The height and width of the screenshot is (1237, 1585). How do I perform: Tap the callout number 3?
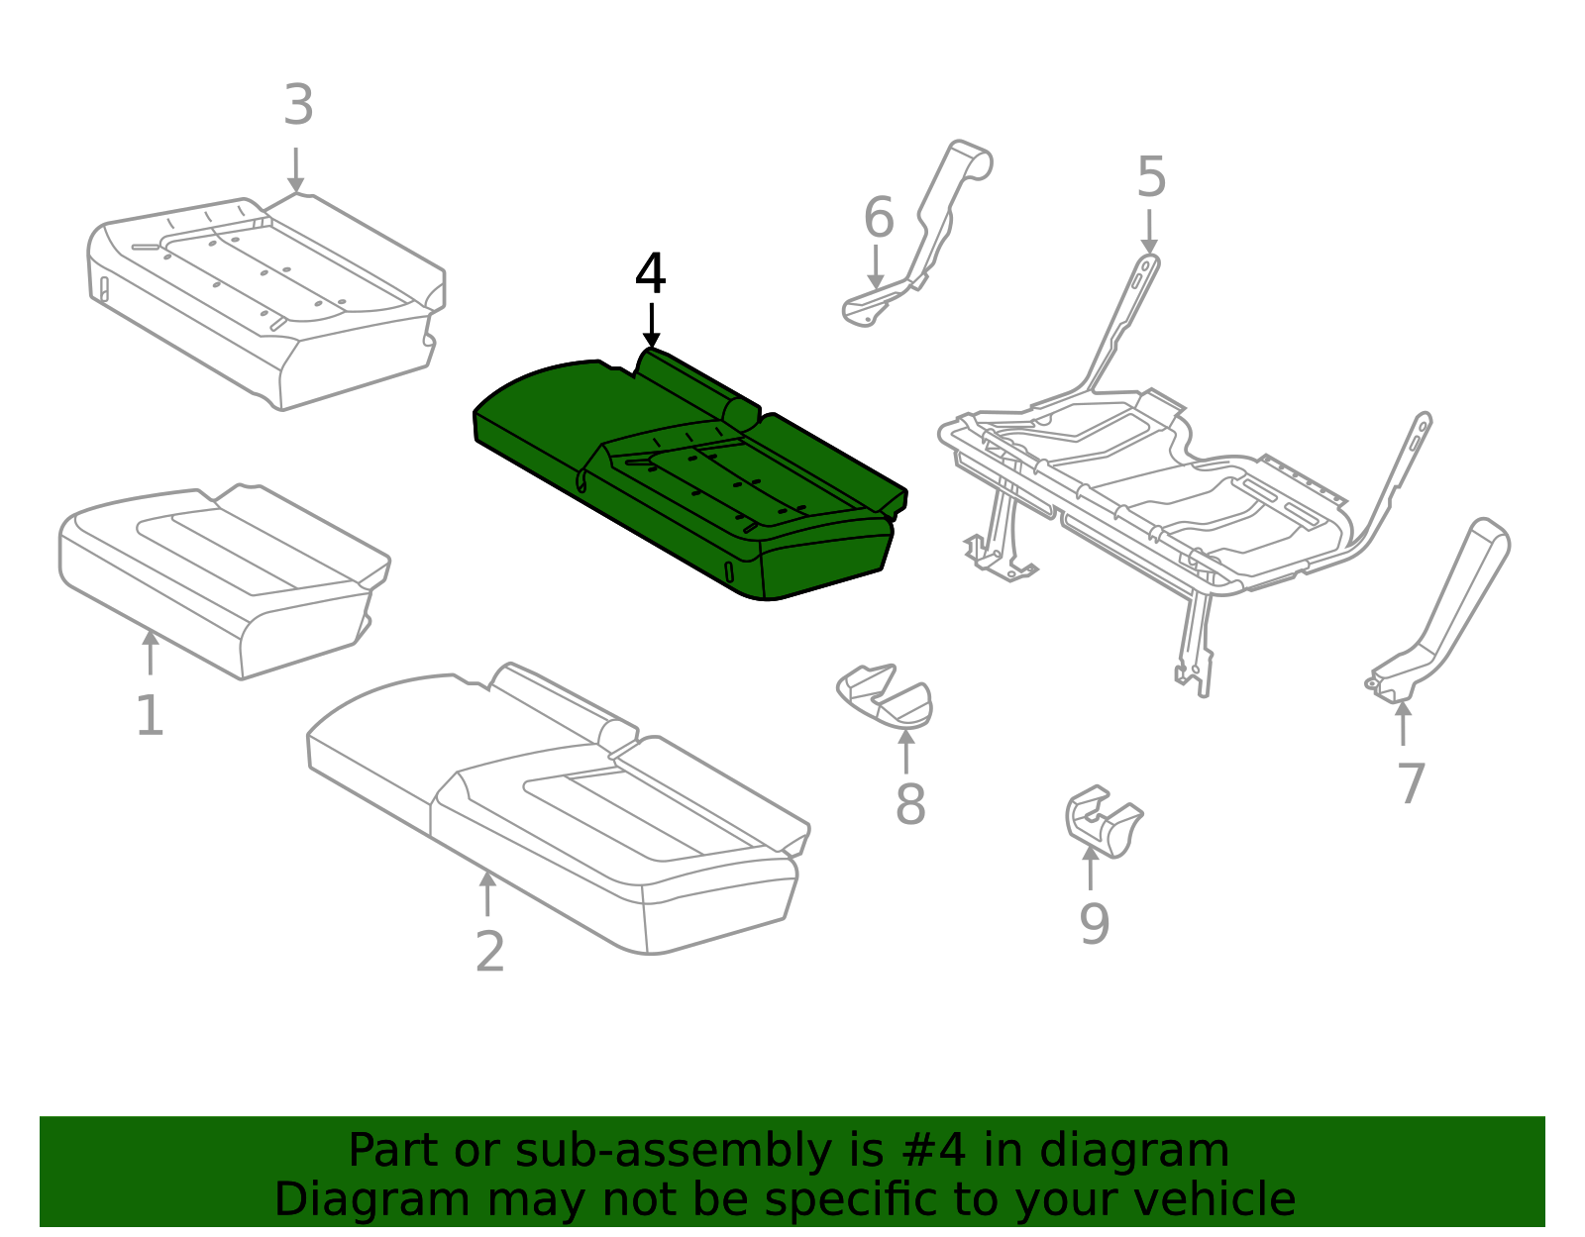point(298,105)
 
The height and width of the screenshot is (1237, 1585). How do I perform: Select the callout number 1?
point(150,715)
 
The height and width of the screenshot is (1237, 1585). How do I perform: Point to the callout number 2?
point(489,952)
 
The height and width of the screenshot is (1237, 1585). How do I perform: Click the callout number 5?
point(1150,178)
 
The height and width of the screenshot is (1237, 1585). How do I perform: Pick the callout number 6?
point(878,218)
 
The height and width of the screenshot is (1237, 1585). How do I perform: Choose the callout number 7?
point(1411,784)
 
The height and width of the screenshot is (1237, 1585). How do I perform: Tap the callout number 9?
point(1094,924)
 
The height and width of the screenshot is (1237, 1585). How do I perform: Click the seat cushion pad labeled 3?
point(267,297)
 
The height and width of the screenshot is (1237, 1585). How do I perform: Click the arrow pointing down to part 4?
point(651,327)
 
